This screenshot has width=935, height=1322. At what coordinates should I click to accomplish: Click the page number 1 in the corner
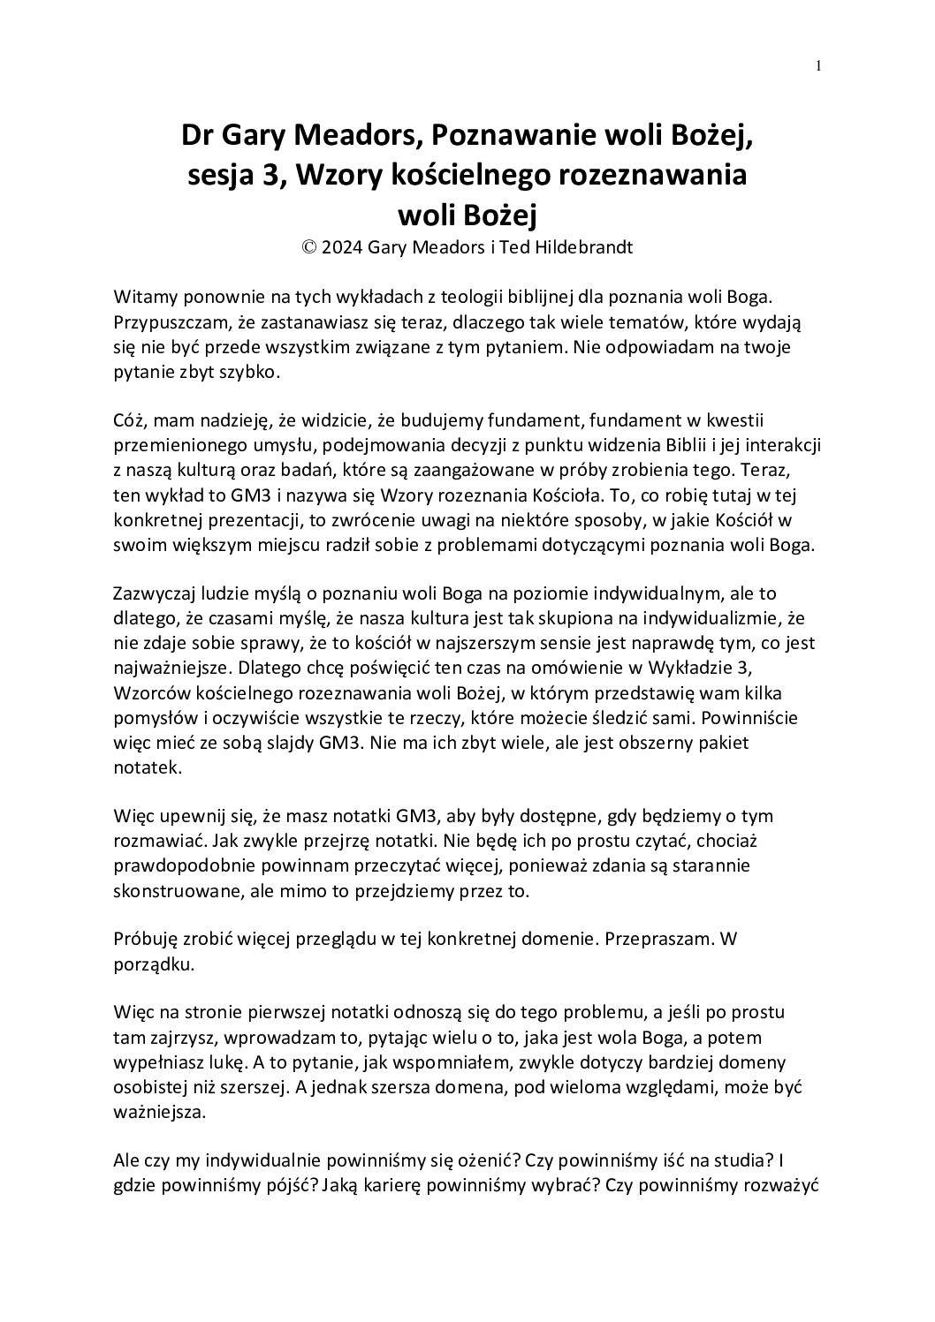819,64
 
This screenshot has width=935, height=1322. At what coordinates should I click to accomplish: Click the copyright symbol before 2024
309,248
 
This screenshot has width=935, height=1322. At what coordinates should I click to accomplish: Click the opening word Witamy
143,294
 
